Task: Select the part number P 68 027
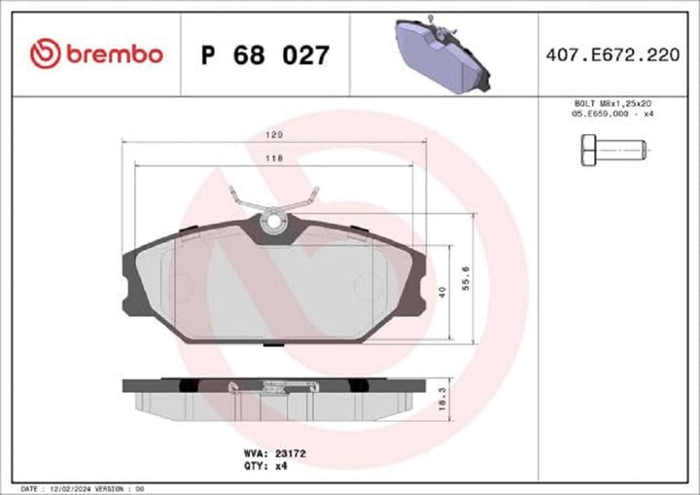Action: click(264, 54)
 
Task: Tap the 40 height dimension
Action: click(444, 291)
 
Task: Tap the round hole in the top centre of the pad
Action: click(274, 222)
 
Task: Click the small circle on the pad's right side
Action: click(367, 287)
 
